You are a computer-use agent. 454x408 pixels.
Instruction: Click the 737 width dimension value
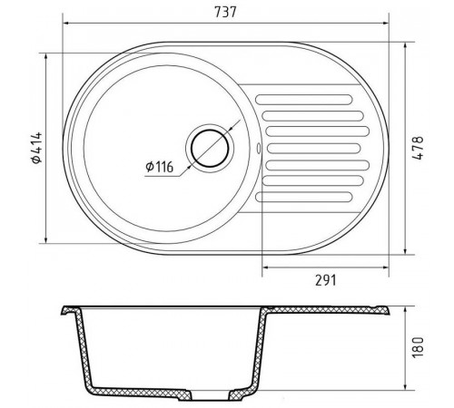(x=225, y=12)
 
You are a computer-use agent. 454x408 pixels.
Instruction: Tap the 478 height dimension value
(x=419, y=148)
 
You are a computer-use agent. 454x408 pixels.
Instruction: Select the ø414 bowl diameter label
(x=36, y=148)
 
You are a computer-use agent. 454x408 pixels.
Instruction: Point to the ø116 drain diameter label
(x=159, y=167)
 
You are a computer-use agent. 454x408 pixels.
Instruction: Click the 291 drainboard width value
(x=326, y=280)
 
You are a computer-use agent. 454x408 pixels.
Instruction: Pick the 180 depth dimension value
(x=418, y=347)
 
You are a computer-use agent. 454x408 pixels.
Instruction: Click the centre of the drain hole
(x=210, y=149)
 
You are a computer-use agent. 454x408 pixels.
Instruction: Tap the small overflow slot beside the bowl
(x=258, y=149)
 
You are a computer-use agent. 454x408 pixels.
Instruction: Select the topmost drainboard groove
(x=304, y=100)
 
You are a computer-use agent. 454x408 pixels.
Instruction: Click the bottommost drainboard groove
(x=304, y=197)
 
